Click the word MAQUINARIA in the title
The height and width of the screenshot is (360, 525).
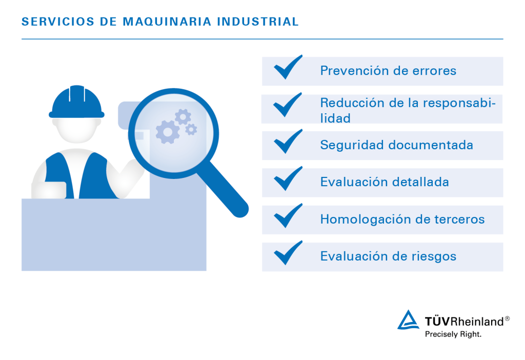click(168, 22)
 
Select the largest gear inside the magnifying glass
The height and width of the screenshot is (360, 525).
click(167, 132)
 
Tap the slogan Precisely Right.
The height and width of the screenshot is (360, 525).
click(453, 334)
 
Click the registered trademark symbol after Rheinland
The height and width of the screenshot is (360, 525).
click(507, 318)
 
